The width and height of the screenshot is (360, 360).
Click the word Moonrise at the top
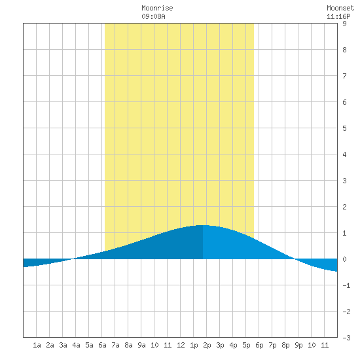[x=157, y=8]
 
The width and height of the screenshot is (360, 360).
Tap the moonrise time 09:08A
[x=153, y=16]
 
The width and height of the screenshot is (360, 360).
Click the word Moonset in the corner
[x=340, y=8]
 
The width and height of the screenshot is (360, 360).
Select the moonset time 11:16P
[x=338, y=16]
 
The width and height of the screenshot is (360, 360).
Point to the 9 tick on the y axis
[x=344, y=24]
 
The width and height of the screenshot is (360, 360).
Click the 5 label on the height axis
[x=344, y=128]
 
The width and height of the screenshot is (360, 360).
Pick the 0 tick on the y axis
[x=344, y=259]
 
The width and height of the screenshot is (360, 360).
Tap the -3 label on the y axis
[x=346, y=338]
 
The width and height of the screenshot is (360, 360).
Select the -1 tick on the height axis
[x=346, y=285]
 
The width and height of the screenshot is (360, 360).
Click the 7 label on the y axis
[x=344, y=76]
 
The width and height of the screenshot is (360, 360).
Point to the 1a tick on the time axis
[x=37, y=345]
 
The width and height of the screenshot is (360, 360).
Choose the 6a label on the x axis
[x=102, y=345]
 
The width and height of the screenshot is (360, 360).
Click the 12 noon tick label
[x=181, y=345]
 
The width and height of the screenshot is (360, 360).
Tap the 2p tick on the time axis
[x=207, y=345]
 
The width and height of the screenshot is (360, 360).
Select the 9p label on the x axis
[x=298, y=345]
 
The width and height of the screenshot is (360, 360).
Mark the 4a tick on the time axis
[x=76, y=345]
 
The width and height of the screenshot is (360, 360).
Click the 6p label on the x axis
[x=259, y=345]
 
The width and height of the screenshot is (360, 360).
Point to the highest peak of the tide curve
[x=203, y=225]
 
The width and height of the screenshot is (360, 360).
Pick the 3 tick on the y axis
[x=344, y=181]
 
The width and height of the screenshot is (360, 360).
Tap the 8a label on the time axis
[x=128, y=345]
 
